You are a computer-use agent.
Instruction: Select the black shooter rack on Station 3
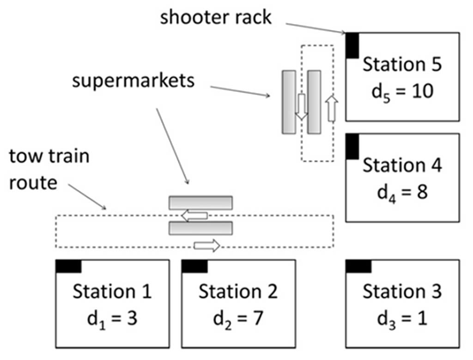(358, 266)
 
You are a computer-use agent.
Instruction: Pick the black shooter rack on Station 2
(194, 266)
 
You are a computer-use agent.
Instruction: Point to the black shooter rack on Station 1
(68, 266)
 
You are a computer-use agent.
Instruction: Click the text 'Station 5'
(402, 64)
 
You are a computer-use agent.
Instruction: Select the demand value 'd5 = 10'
(402, 91)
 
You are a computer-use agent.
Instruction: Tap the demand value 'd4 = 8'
(402, 191)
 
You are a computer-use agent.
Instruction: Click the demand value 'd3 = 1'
(402, 318)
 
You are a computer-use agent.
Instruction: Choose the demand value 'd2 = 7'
(238, 318)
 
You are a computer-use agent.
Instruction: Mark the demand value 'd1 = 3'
(112, 318)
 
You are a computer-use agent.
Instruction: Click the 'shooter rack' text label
(216, 18)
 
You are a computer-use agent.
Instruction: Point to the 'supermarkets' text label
(133, 81)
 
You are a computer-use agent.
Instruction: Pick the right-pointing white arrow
(206, 246)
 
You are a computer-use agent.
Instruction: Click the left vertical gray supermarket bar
(289, 102)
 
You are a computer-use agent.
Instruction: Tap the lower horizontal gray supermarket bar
(200, 228)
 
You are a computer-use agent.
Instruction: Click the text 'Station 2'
(238, 292)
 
